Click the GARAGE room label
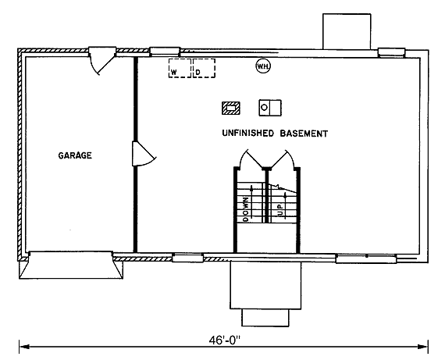(75, 155)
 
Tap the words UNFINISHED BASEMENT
(275, 134)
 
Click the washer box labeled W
(180, 68)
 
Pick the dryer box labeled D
(204, 68)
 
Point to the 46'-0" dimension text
(225, 340)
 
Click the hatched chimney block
(231, 109)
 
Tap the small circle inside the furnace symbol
(264, 108)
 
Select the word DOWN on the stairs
(246, 209)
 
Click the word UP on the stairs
(281, 209)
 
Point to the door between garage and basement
(144, 154)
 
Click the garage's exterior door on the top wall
(102, 60)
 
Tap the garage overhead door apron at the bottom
(71, 266)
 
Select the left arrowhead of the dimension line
(24, 347)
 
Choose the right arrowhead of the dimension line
(422, 347)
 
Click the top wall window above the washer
(165, 52)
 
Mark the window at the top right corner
(391, 52)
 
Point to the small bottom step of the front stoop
(265, 318)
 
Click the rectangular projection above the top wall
(347, 31)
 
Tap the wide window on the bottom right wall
(366, 259)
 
